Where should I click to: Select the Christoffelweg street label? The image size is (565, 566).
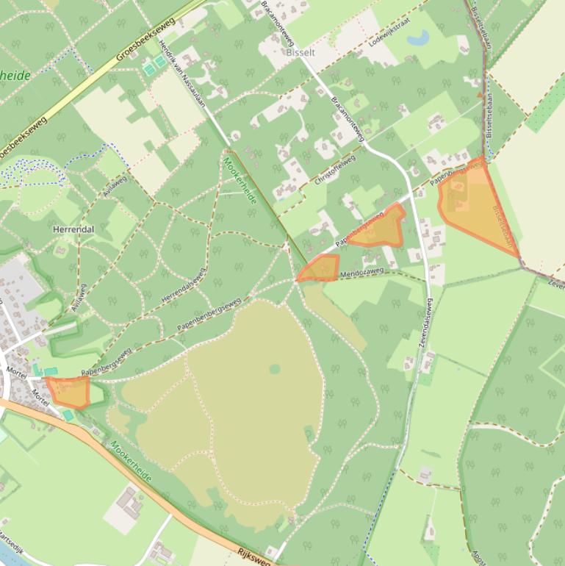click(334, 169)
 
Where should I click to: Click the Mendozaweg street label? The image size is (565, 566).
click(361, 274)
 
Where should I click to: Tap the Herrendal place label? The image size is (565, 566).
click(73, 229)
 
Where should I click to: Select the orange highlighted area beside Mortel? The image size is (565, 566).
click(69, 391)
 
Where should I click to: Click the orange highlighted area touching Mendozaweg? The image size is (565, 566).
click(320, 268)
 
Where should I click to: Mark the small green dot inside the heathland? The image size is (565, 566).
click(275, 368)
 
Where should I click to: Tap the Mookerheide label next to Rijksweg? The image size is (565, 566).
click(132, 462)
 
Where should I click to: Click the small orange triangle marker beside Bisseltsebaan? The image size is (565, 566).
click(481, 95)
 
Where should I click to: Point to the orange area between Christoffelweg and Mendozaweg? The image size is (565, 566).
click(378, 229)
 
